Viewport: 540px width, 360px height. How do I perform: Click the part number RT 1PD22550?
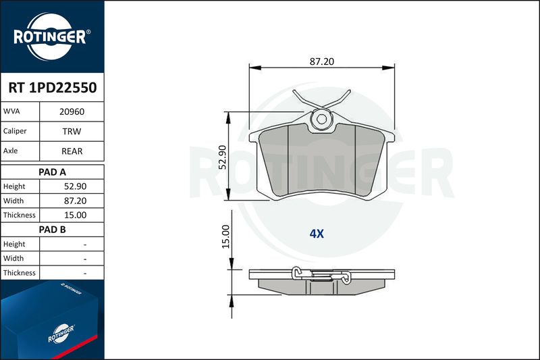pyautogui.click(x=53, y=88)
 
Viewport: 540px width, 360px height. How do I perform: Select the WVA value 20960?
pyautogui.click(x=72, y=111)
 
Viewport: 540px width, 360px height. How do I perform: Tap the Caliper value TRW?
pyautogui.click(x=72, y=131)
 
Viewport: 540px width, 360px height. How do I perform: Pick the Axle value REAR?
pyautogui.click(x=72, y=151)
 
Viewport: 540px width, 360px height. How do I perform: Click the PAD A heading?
pyautogui.click(x=53, y=172)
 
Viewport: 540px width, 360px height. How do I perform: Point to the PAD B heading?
pyautogui.click(x=53, y=230)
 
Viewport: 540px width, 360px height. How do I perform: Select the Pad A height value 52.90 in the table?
pyautogui.click(x=75, y=186)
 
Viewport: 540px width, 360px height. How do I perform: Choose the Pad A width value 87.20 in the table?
pyautogui.click(x=75, y=201)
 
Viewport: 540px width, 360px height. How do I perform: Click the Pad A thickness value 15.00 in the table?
pyautogui.click(x=75, y=215)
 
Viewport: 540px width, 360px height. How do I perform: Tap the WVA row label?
pyautogui.click(x=11, y=111)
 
